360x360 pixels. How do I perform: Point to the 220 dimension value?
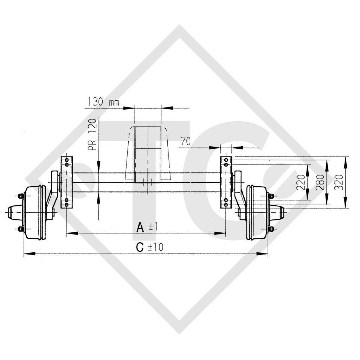pyautogui.click(x=301, y=182)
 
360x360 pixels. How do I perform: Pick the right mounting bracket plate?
pyautogui.click(x=226, y=182)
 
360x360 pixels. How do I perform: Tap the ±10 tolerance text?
pyautogui.click(x=155, y=247)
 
